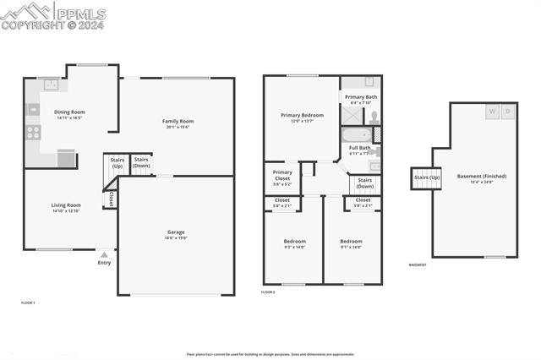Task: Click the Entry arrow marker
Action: coord(104,253)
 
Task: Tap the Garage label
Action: coord(176,232)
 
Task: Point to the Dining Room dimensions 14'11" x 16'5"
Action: coord(69,118)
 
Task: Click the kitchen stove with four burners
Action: coord(33,132)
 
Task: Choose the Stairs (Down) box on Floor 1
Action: coord(141,162)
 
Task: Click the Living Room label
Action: coord(66,205)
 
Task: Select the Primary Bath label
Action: coord(361,97)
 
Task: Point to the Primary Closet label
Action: coord(282,176)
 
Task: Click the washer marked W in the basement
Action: coord(491,111)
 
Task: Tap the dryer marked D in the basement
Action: coord(508,111)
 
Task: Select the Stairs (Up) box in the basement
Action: coord(426,178)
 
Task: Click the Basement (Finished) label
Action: coord(481,177)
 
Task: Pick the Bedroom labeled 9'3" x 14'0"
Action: coord(294,242)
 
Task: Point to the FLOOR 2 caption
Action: coord(268,292)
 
